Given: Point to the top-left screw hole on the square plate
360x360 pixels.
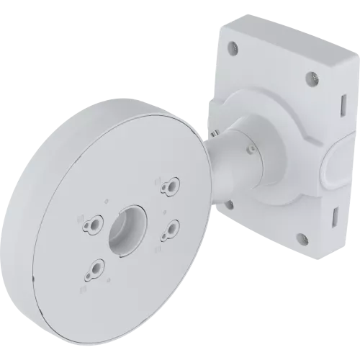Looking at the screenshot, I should point(232,48).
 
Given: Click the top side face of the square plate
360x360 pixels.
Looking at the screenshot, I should point(288,36).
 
